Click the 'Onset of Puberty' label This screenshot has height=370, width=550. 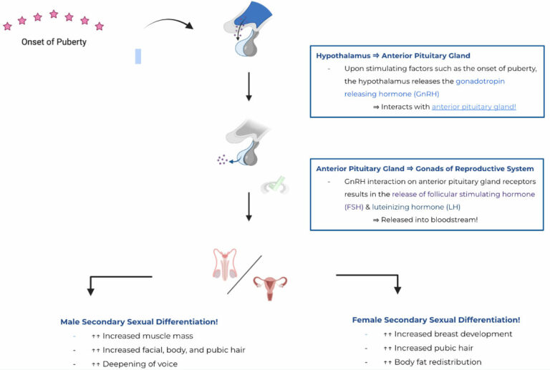tap(54, 42)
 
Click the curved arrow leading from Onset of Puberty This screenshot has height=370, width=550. tap(169, 22)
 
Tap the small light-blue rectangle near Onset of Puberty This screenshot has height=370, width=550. tap(138, 56)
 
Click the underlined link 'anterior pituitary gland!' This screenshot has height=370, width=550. tap(474, 106)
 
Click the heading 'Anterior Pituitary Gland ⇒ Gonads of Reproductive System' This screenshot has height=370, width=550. tap(425, 169)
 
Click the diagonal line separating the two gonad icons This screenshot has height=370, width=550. tap(244, 274)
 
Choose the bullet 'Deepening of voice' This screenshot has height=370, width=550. tap(138, 364)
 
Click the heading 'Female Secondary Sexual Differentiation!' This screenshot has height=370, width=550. tap(436, 320)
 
